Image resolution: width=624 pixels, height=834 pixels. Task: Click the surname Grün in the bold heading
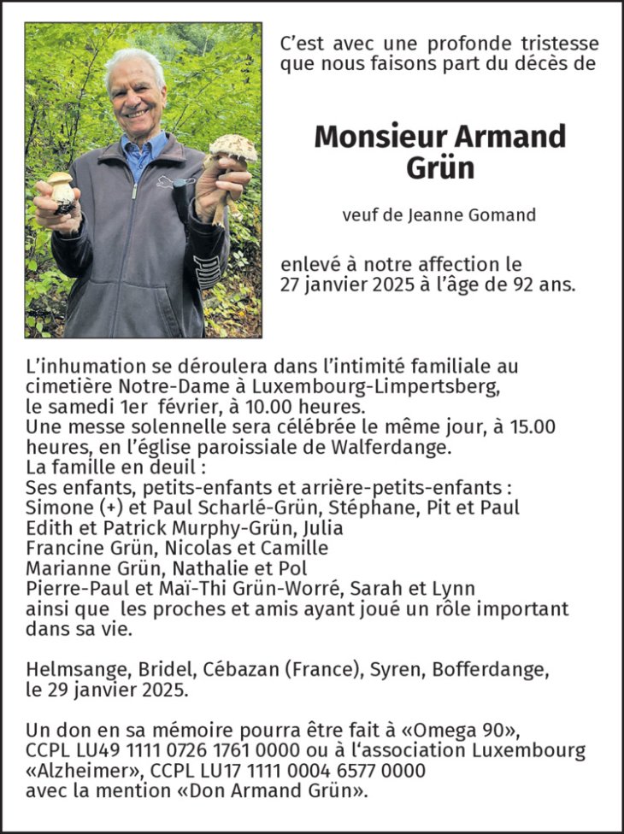440,167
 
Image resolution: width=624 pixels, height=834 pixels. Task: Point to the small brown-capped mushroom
60,182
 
